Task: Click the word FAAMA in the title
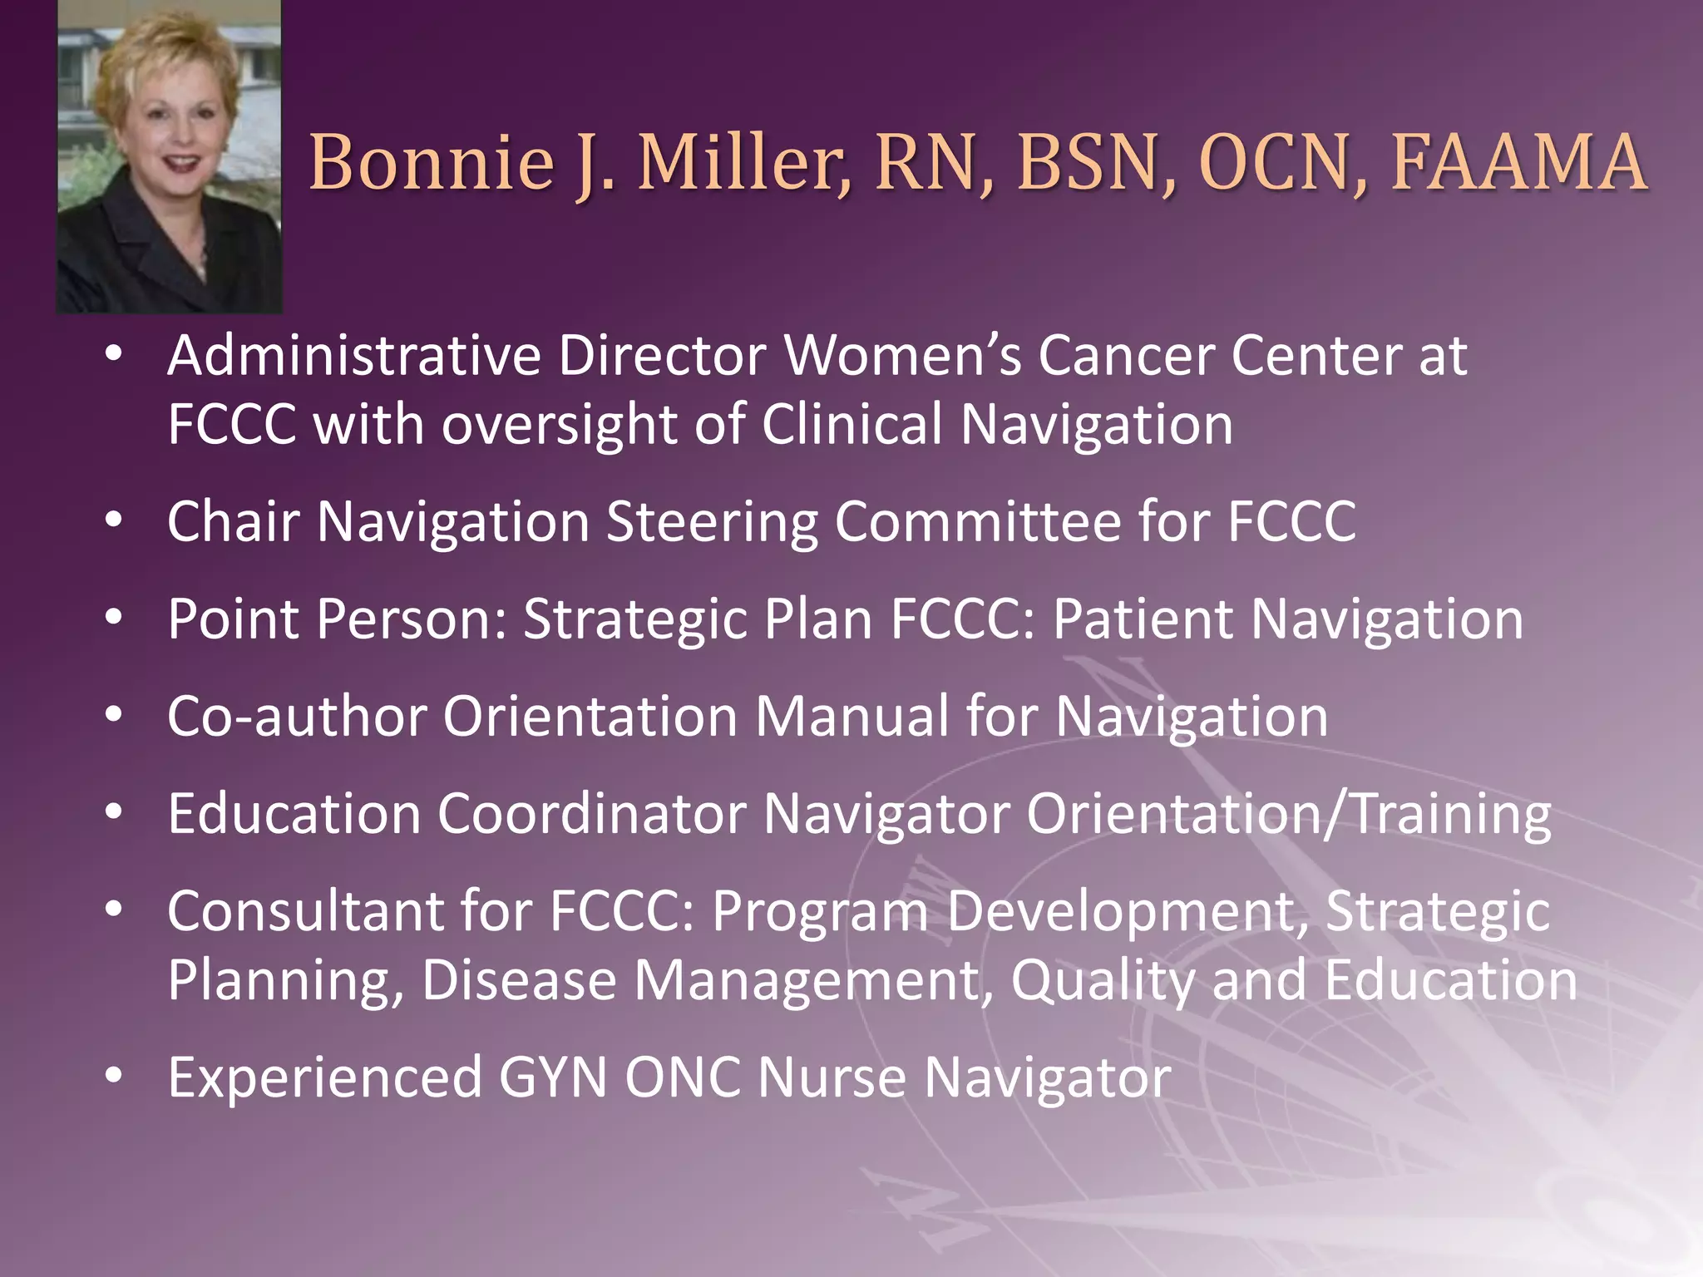pyautogui.click(x=1518, y=162)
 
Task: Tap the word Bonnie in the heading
pyautogui.click(x=432, y=162)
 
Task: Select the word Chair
pyautogui.click(x=233, y=522)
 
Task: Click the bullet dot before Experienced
pyautogui.click(x=114, y=1076)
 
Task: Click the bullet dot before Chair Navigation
pyautogui.click(x=114, y=520)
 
